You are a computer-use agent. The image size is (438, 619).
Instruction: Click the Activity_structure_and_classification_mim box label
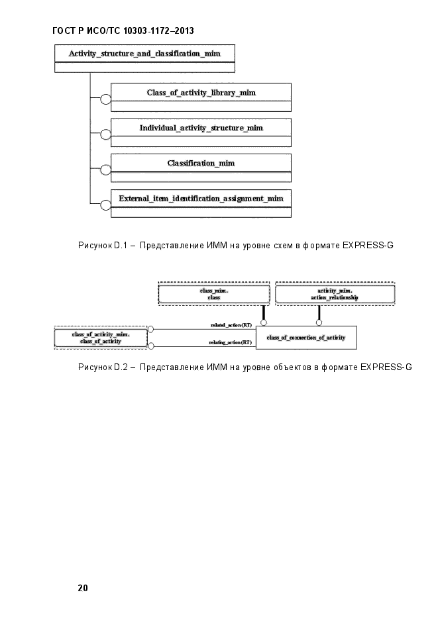click(144, 54)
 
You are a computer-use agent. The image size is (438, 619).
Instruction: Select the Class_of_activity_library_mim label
click(201, 93)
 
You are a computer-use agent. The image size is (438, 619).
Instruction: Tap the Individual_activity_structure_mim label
click(201, 128)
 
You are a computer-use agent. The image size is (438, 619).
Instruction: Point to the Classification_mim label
click(201, 163)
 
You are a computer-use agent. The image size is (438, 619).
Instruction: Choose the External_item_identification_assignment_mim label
click(201, 199)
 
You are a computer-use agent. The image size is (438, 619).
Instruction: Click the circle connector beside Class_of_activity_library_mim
click(106, 99)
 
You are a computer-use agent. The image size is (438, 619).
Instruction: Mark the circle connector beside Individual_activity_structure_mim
click(106, 134)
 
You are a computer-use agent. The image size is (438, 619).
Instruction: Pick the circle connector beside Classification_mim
click(106, 170)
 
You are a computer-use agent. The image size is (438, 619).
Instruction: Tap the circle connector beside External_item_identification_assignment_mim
click(106, 205)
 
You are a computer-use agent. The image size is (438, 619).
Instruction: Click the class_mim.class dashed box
click(214, 294)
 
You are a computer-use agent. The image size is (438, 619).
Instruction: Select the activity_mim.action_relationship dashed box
click(335, 294)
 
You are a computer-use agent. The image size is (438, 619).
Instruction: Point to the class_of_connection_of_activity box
click(307, 338)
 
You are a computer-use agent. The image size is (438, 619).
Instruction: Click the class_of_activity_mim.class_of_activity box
click(101, 338)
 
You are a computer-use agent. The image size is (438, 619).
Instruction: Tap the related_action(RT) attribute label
click(231, 325)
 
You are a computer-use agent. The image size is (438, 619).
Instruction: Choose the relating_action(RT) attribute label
click(230, 342)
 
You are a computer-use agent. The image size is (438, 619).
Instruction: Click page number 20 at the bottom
click(83, 588)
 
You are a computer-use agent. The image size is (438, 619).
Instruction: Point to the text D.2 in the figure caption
click(121, 367)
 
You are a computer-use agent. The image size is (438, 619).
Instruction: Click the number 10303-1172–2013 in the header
click(159, 31)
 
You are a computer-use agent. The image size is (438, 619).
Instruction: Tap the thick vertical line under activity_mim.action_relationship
click(319, 312)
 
